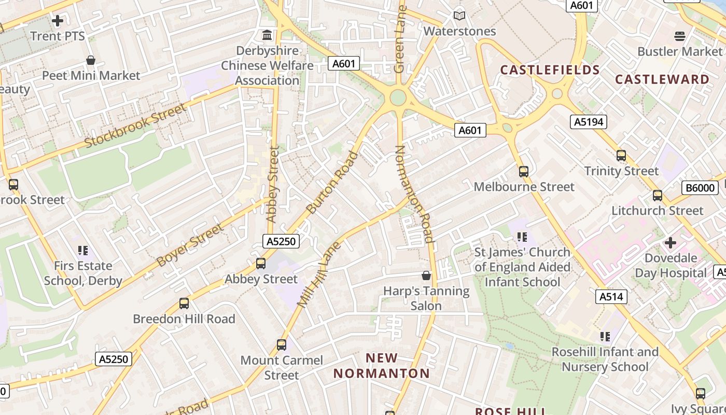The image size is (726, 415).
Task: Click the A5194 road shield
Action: tap(589, 122)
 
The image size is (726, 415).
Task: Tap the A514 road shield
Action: tap(612, 297)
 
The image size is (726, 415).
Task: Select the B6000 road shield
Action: tap(700, 188)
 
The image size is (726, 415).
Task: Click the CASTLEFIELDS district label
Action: tap(550, 70)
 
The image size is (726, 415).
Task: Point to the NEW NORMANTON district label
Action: tap(382, 366)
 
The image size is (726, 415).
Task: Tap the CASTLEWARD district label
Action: tap(662, 79)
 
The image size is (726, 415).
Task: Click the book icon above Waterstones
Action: tap(459, 16)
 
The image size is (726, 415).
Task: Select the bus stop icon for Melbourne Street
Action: tap(524, 171)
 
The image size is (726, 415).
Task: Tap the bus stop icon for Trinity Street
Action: tap(621, 155)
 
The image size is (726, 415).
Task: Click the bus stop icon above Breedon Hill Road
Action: tap(184, 303)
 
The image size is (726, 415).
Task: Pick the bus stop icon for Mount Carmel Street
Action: tap(282, 344)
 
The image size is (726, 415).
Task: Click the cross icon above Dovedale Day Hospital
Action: tap(671, 242)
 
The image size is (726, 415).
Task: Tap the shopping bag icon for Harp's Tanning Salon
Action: tap(426, 275)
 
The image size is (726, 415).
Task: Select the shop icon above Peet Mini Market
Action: tap(91, 60)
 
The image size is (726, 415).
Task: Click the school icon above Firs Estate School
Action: tap(83, 251)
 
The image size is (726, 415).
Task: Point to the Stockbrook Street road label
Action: tap(135, 126)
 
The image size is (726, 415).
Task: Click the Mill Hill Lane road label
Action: tap(318, 274)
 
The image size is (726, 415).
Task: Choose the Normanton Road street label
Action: tap(414, 194)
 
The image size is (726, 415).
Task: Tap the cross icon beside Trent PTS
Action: tap(58, 21)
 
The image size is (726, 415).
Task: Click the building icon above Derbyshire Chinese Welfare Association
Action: tap(267, 35)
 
